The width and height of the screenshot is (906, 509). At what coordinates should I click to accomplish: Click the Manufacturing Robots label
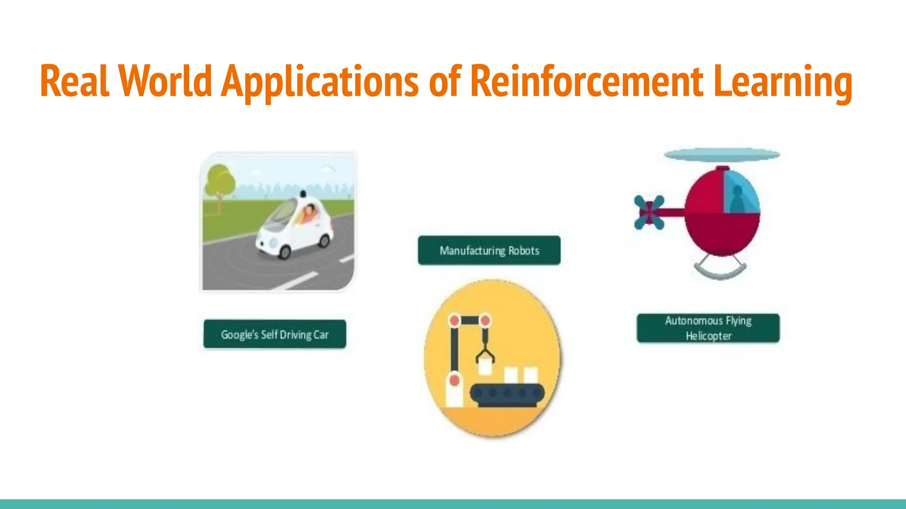[x=489, y=251]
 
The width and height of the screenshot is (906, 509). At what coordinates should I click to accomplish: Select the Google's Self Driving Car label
[x=275, y=334]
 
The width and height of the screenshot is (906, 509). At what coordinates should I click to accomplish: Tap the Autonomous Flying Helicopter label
[x=708, y=328]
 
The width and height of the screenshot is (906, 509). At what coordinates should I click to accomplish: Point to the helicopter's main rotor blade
[x=722, y=155]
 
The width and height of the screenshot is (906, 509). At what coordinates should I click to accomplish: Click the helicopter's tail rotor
[x=649, y=213]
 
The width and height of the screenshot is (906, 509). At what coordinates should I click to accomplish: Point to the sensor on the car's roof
[x=303, y=194]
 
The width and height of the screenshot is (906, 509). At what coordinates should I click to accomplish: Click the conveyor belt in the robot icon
[x=507, y=394]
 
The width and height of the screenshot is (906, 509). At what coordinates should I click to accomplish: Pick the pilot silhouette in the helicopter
[x=737, y=200]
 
